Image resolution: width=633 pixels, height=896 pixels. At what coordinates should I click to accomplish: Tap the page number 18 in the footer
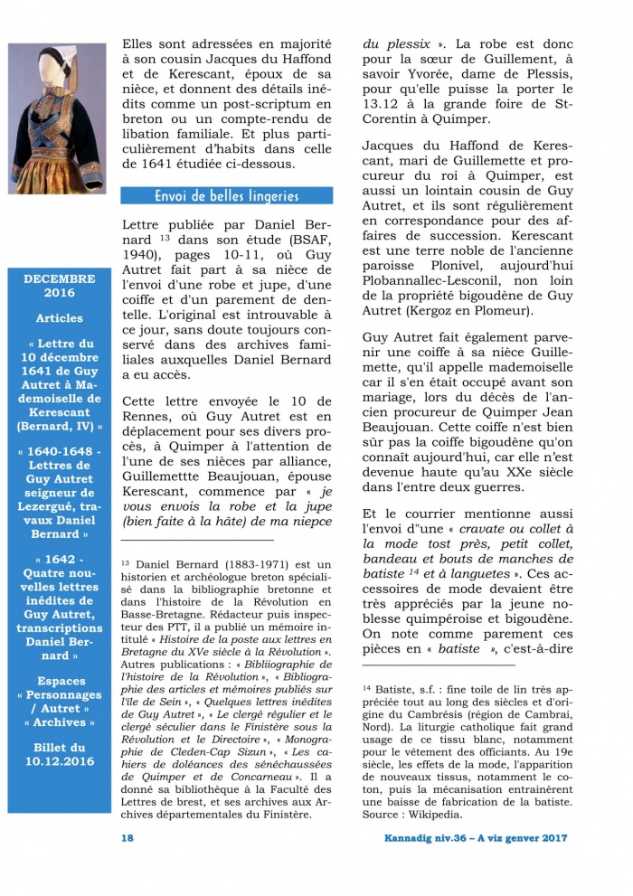coord(128,838)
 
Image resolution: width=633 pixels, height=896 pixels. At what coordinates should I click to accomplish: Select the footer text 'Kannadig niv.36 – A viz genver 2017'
coord(469,838)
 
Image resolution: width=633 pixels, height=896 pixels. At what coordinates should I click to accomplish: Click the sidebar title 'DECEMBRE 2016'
coord(60,286)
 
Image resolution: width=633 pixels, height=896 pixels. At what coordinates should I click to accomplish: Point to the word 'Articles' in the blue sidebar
coord(60,318)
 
